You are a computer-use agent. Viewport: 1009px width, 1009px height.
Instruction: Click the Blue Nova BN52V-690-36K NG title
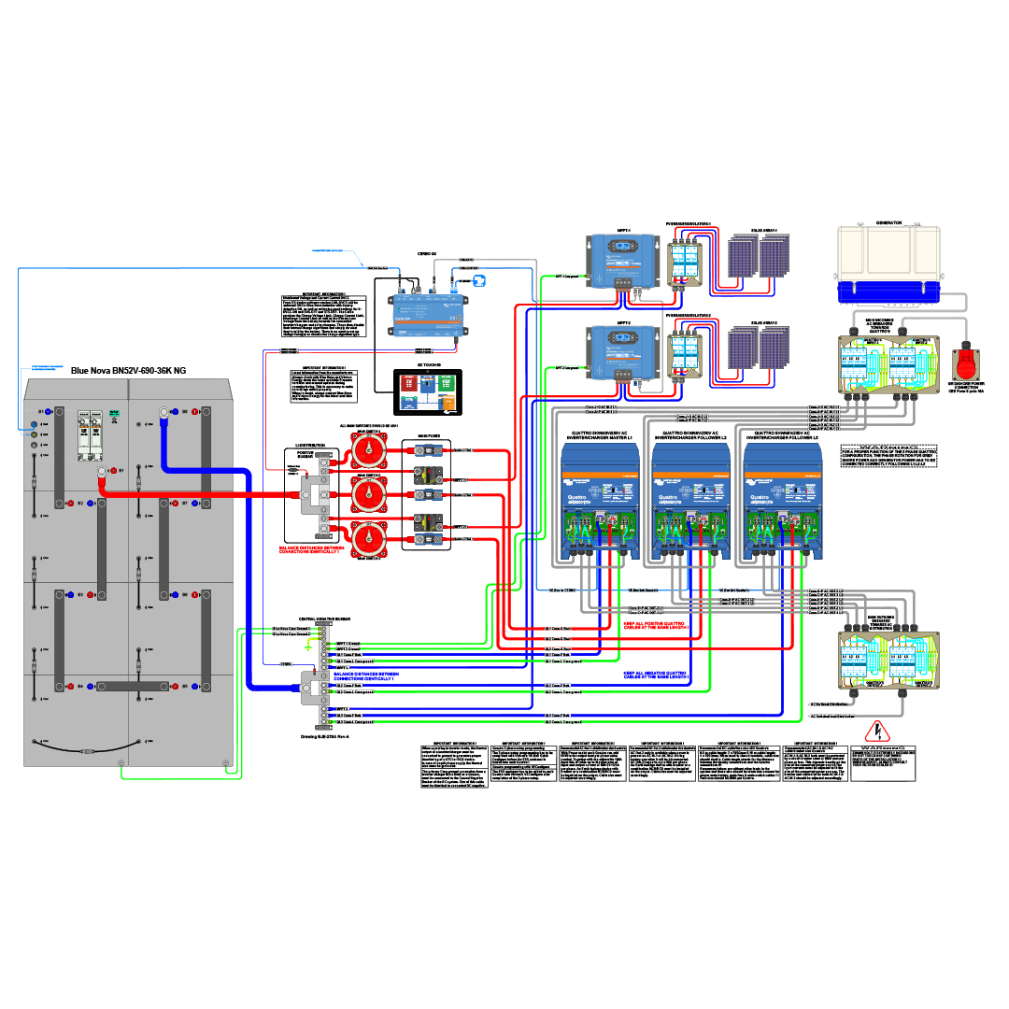(x=127, y=370)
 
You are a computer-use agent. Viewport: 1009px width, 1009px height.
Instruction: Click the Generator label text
(x=888, y=223)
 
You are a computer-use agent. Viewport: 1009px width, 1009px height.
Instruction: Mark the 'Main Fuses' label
(x=426, y=433)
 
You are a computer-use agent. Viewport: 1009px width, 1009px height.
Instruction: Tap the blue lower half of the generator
(x=888, y=291)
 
